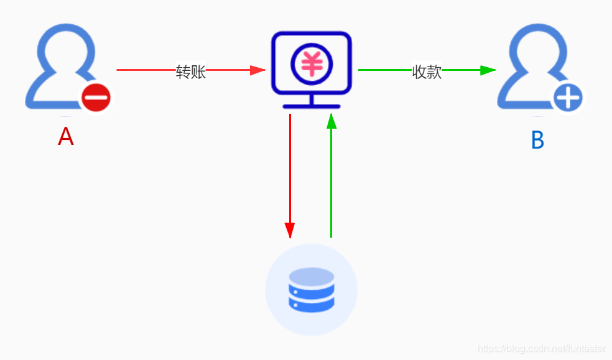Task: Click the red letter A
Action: (x=66, y=137)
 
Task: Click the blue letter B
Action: (x=537, y=141)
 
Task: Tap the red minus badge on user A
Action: (x=96, y=98)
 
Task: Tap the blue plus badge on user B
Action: (x=568, y=98)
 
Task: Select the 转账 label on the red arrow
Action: (x=190, y=72)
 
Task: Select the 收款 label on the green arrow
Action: (x=427, y=72)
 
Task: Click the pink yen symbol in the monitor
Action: (x=311, y=64)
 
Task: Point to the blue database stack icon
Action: (x=311, y=290)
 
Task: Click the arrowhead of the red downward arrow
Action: (x=290, y=229)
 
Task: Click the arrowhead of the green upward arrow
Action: (x=331, y=121)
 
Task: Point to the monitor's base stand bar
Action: (x=311, y=107)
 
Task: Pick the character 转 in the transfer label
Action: (x=183, y=72)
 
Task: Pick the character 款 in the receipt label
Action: (x=434, y=72)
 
